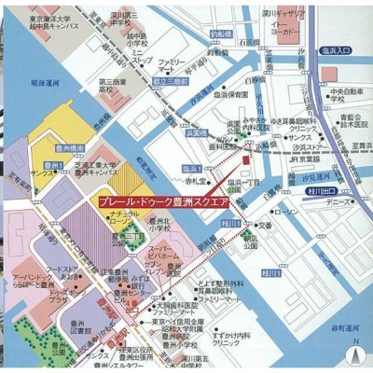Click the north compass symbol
click(355, 354)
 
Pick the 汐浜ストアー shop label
click(297, 146)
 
